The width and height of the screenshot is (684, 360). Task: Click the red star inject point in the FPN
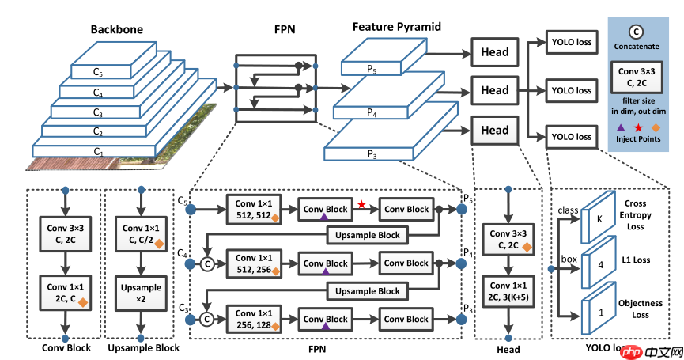(361, 205)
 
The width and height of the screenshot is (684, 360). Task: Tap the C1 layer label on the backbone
(99, 150)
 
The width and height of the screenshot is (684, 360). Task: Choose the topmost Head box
(495, 53)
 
